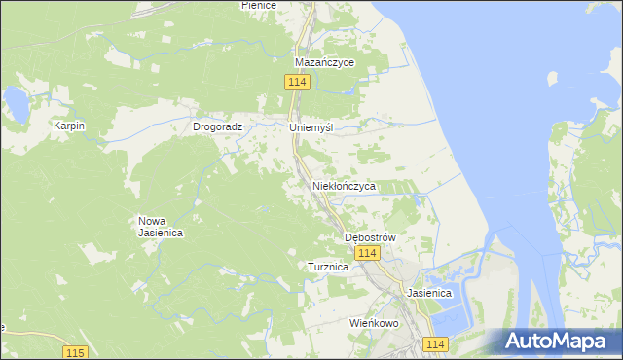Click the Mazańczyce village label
[x=325, y=62]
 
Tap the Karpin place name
[x=70, y=126]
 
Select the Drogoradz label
[x=223, y=126]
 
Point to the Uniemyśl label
[x=311, y=127]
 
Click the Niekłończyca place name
[x=344, y=185]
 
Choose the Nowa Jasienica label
[x=162, y=227]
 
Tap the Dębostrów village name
[x=371, y=237]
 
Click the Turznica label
[x=328, y=267]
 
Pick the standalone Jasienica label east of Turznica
[x=429, y=292]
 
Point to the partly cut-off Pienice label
[x=259, y=5]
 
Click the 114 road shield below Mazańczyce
[x=298, y=83]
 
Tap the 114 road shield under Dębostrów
[x=366, y=253]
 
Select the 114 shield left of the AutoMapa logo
[x=435, y=344]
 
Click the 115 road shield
[x=75, y=351]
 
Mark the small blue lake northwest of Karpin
[x=16, y=102]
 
